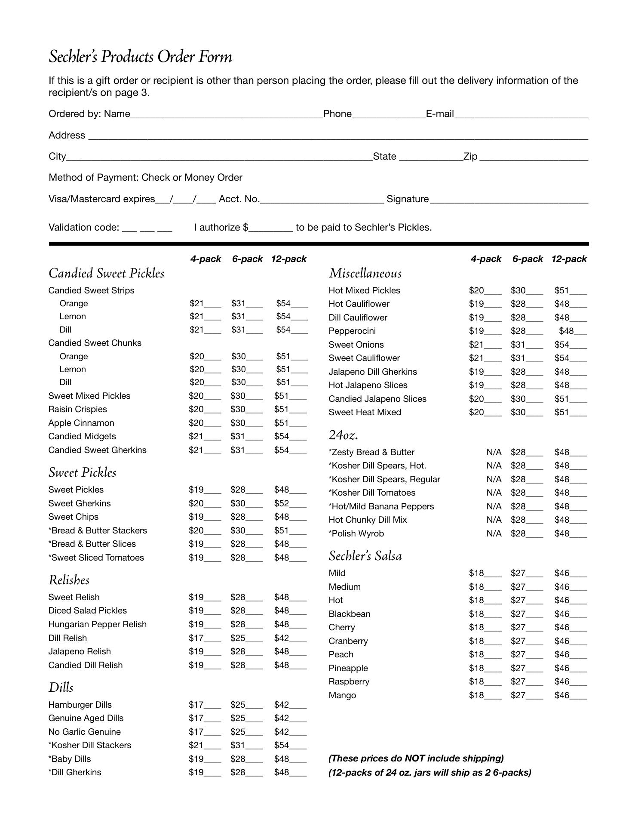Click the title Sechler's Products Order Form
click(140, 57)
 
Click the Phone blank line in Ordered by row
click(389, 114)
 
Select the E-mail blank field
click(521, 114)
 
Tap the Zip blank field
click(534, 157)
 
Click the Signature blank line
click(509, 200)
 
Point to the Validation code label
click(83, 228)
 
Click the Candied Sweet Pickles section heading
click(106, 274)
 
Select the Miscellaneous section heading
click(365, 274)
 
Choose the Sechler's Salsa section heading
click(365, 556)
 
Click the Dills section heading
click(61, 687)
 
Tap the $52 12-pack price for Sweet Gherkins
click(282, 503)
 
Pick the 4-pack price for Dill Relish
click(196, 638)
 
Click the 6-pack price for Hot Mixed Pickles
click(518, 291)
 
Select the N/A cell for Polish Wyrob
click(494, 533)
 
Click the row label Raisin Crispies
click(77, 409)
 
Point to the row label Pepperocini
click(352, 331)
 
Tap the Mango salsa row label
click(342, 695)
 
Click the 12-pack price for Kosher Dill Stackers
click(282, 745)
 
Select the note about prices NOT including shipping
click(416, 758)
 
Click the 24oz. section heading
click(343, 435)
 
